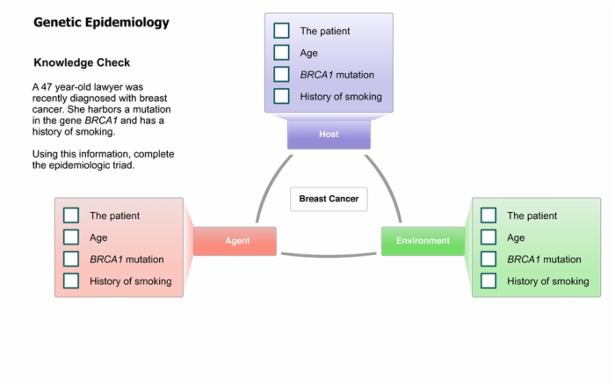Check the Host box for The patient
(282, 31)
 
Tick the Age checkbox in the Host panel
(282, 53)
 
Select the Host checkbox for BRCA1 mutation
(282, 74)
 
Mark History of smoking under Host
(282, 96)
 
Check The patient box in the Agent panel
(71, 216)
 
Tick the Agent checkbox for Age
(71, 238)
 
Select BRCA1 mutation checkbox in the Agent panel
(71, 260)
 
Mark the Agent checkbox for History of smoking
(71, 281)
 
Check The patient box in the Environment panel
(488, 216)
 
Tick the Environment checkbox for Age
(488, 238)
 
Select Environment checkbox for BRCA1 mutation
(488, 260)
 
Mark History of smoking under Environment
(488, 281)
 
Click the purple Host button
(329, 135)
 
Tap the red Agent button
(235, 241)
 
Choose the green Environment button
(423, 241)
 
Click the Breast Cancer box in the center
(329, 199)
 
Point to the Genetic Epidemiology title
(101, 22)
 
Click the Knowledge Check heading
(82, 62)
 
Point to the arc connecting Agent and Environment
(329, 256)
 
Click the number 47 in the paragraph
(47, 87)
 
